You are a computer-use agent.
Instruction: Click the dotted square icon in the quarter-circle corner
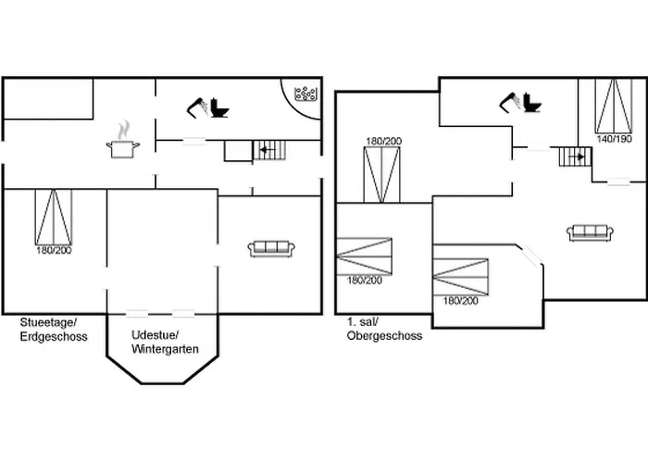pos(305,94)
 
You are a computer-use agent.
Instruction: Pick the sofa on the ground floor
pos(271,247)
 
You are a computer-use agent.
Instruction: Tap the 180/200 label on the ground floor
pos(54,251)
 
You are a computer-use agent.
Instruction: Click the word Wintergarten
pos(164,349)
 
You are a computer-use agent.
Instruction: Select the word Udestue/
pos(156,335)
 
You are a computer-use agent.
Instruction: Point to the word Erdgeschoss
pos(54,337)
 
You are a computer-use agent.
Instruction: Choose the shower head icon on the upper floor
pos(509,100)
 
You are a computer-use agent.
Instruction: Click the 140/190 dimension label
pos(614,139)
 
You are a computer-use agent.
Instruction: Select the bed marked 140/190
pos(610,106)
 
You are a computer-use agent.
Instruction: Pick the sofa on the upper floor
pos(592,232)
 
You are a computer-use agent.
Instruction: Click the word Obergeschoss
pos(384,335)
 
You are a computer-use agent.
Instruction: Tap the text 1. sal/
pos(363,321)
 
